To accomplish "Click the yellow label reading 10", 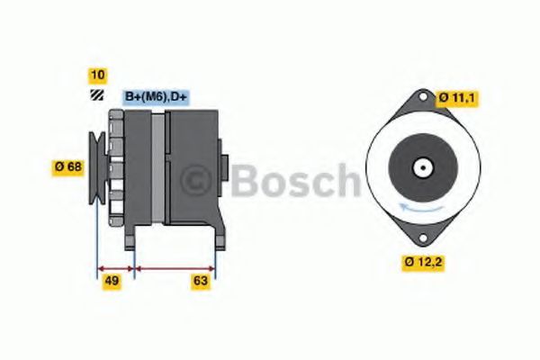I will pos(96,75).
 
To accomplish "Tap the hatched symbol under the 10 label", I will pos(96,94).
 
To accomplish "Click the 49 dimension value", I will pos(112,282).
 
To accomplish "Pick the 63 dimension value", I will pos(201,282).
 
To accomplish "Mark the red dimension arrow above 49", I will pos(115,267).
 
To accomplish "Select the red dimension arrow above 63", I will pos(175,267).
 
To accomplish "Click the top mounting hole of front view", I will pos(422,100).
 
